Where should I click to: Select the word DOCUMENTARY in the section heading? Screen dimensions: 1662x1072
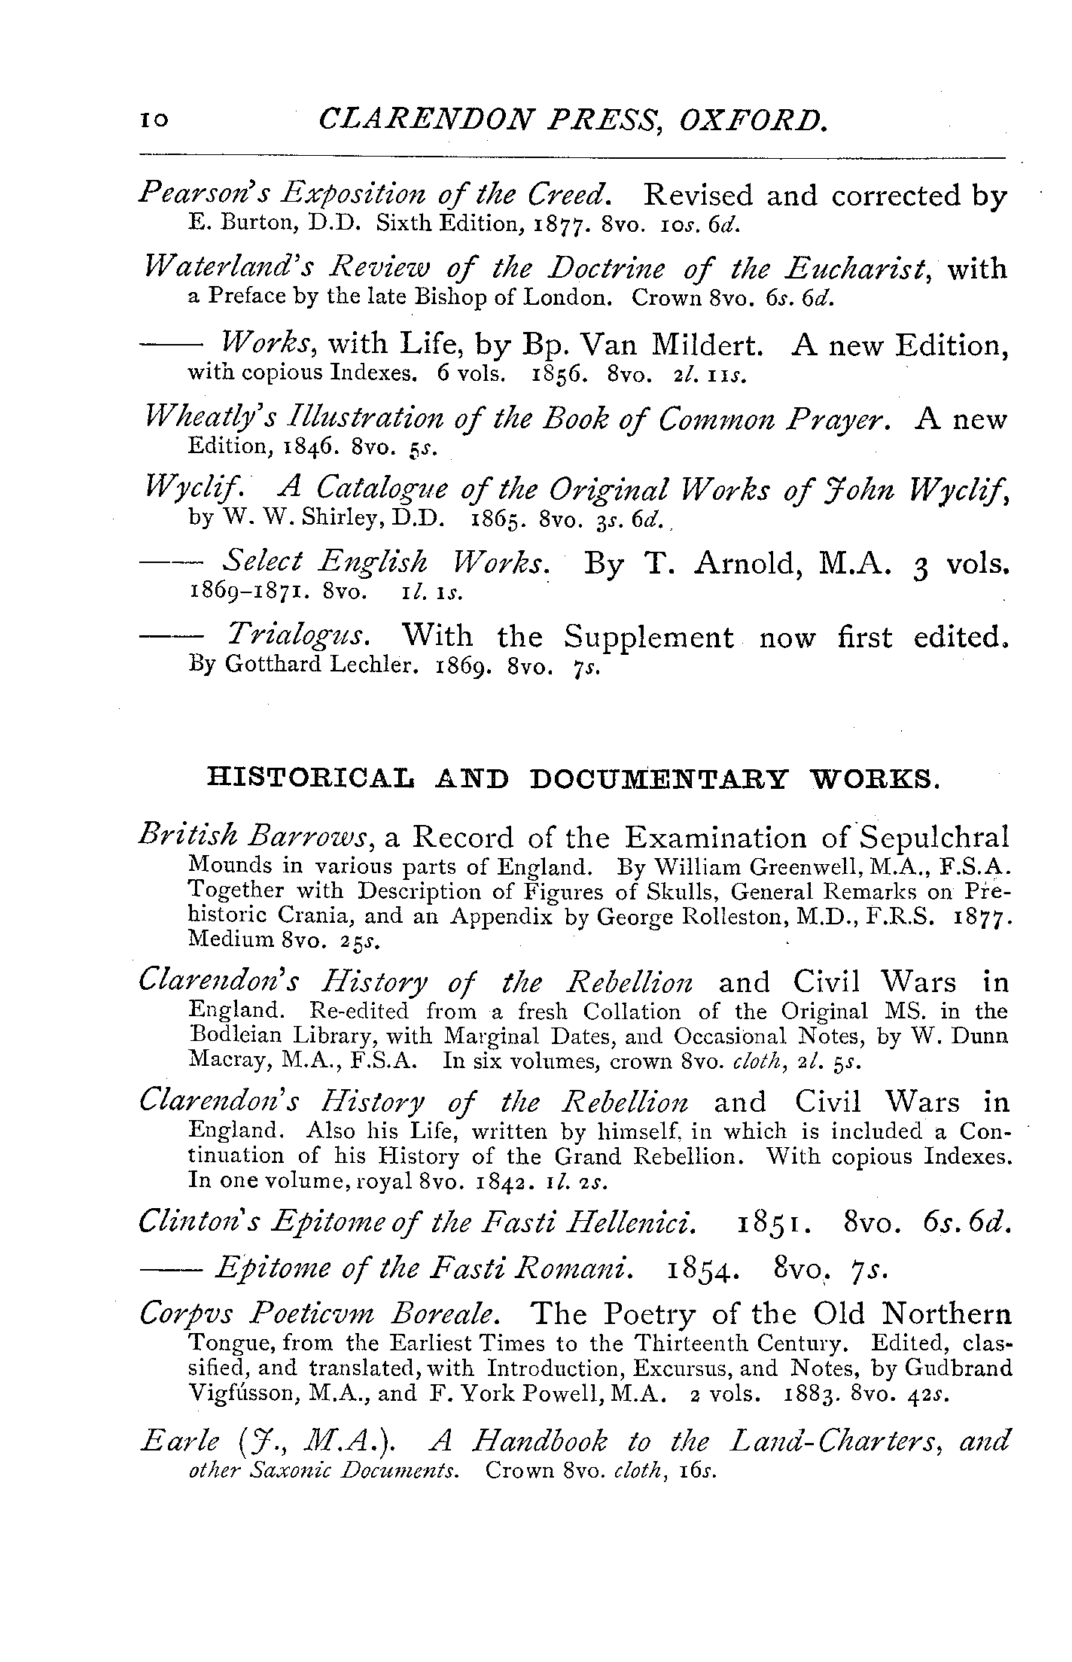tap(658, 779)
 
